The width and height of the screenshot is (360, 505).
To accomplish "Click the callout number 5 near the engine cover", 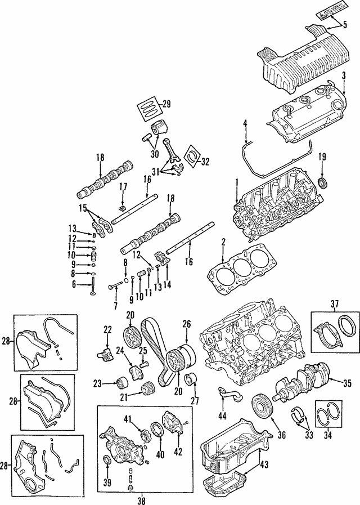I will [345, 24].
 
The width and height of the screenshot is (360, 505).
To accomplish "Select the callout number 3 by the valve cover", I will [343, 75].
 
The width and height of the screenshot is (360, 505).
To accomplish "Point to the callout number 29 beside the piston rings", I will [166, 103].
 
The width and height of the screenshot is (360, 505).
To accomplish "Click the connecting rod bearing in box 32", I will [196, 156].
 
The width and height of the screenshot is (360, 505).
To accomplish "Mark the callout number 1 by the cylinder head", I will [237, 181].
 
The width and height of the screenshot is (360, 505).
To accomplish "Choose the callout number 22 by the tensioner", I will [107, 329].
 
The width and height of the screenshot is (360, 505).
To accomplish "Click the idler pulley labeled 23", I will [119, 368].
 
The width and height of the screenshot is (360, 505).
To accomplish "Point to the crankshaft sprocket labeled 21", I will [147, 373].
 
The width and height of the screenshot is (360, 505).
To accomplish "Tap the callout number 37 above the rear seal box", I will [334, 304].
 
